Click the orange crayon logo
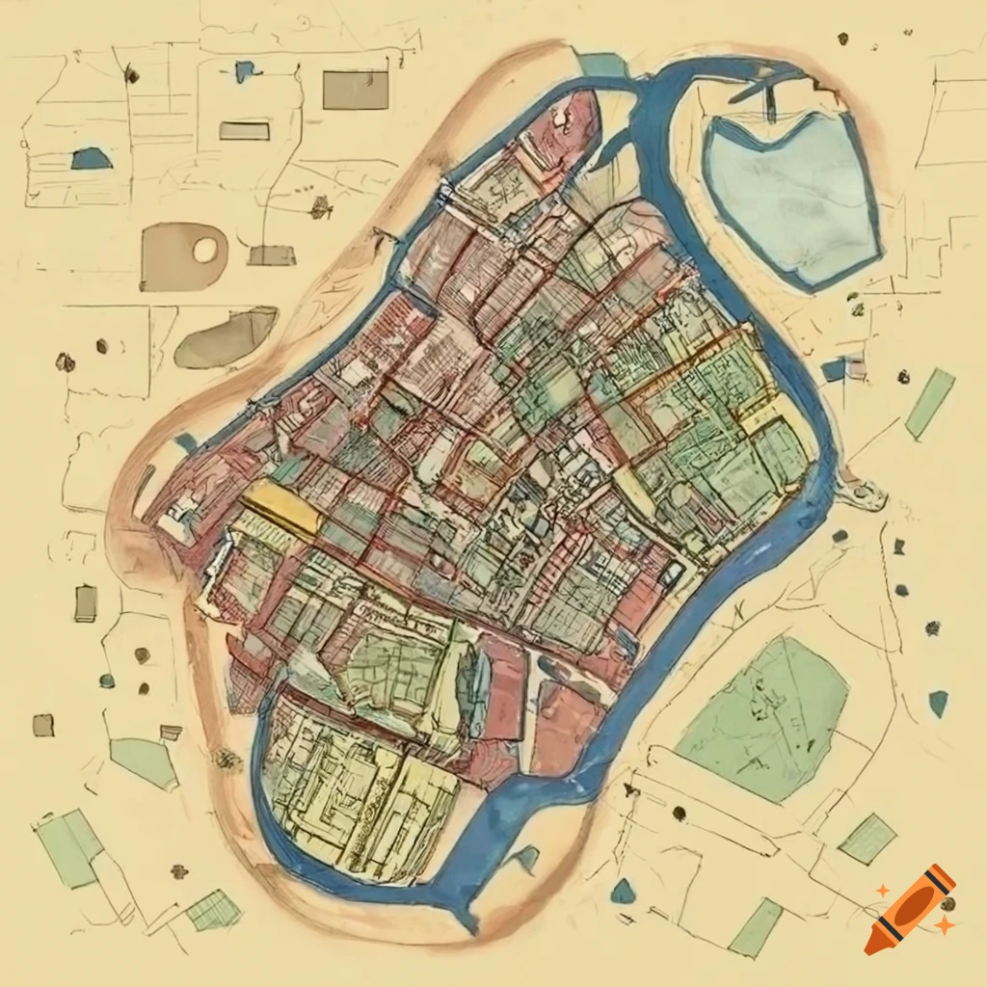(909, 909)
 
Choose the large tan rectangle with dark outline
(355, 90)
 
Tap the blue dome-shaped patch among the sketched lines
(91, 159)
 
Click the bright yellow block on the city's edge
(280, 509)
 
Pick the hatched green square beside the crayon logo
(867, 838)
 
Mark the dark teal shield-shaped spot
(938, 704)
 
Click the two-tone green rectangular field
(70, 846)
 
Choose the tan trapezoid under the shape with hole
(271, 255)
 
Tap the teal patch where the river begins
(603, 64)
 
